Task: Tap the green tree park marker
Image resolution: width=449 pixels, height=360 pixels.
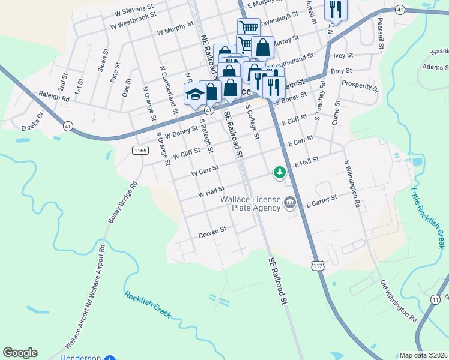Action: click(279, 173)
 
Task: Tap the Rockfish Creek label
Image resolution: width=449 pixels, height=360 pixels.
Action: click(148, 304)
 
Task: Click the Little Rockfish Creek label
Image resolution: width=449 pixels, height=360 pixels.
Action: click(427, 218)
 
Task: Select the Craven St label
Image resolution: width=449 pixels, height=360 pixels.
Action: click(212, 230)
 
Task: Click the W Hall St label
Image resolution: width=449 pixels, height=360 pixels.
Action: click(211, 193)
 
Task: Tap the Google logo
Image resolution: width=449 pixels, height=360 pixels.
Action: click(20, 353)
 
